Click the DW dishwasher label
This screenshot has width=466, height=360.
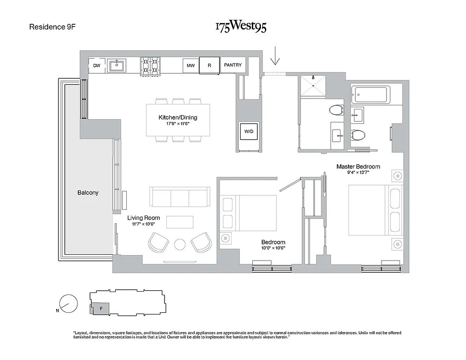coord(96,66)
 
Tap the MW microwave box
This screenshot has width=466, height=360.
coord(191,66)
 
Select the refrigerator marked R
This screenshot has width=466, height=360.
coord(209,65)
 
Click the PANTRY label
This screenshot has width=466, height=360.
coord(233,65)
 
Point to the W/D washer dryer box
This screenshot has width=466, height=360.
coord(249,131)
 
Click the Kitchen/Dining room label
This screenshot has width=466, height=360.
coord(178,117)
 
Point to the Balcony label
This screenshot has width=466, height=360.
coord(88,193)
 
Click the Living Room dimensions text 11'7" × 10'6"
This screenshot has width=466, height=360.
coord(143,224)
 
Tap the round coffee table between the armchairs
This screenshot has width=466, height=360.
coord(179,244)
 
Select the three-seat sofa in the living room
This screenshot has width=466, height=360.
coord(179,197)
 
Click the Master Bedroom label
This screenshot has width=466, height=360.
coord(358,166)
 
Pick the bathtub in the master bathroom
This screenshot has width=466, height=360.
coord(372,94)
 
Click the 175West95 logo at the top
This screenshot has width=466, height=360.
coord(240,27)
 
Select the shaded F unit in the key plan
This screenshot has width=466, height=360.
coord(101,309)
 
